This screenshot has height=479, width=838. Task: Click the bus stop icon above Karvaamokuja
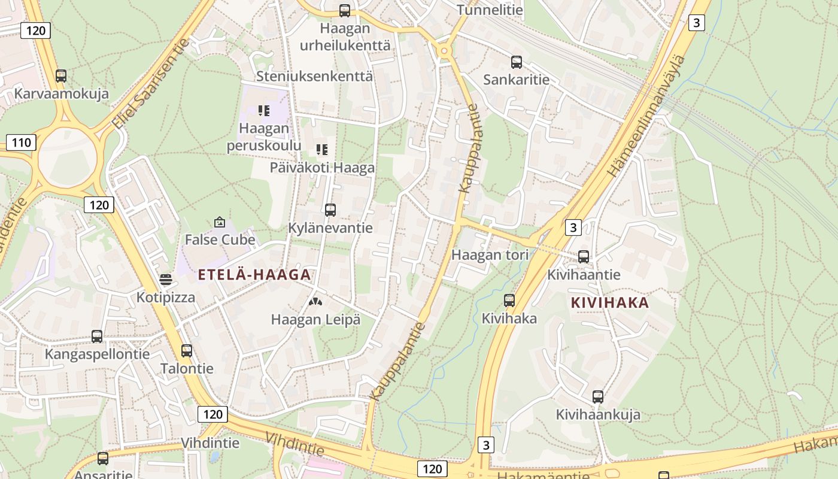click(61, 76)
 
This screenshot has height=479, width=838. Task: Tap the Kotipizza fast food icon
click(166, 280)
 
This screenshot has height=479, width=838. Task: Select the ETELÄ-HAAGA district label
click(254, 275)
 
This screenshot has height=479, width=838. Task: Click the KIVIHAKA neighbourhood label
click(610, 302)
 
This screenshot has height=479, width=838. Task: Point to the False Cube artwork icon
click(220, 222)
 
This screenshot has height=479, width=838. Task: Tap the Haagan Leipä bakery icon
click(315, 302)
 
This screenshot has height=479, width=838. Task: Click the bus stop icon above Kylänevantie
click(330, 210)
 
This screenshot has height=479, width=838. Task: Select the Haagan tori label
click(490, 254)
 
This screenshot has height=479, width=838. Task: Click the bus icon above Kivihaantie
click(584, 257)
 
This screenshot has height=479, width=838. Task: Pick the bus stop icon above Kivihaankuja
click(598, 396)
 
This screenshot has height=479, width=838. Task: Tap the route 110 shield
click(21, 143)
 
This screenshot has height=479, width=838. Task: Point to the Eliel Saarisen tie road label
click(151, 84)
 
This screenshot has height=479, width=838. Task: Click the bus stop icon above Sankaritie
click(517, 62)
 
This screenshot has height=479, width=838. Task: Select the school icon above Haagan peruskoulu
click(264, 110)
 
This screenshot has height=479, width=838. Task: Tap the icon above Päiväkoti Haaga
click(322, 149)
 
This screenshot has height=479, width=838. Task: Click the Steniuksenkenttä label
click(314, 76)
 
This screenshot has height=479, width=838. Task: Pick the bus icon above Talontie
click(187, 350)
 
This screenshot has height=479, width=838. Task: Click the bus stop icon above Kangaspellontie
click(97, 336)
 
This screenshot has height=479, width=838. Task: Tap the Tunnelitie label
click(490, 10)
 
